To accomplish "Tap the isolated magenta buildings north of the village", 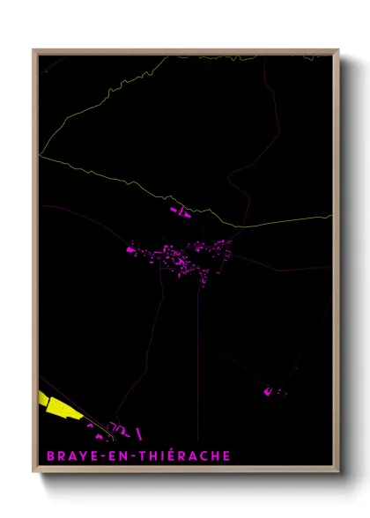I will (x=181, y=211).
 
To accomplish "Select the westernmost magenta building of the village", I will (x=130, y=250).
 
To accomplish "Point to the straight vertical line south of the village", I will (x=198, y=352).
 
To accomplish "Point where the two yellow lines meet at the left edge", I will (x=41, y=155).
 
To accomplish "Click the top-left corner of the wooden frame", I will (x=34, y=50).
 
